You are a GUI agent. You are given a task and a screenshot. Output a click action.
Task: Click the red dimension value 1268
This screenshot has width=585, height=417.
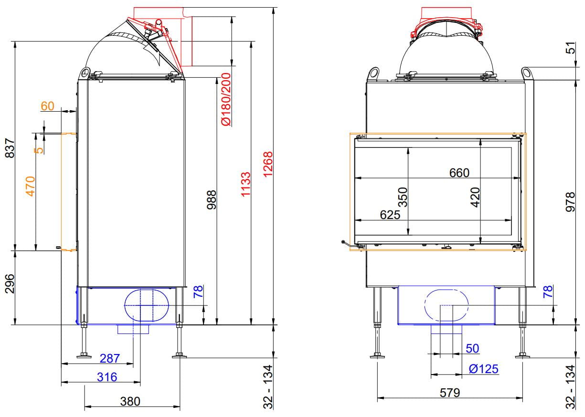[268, 165]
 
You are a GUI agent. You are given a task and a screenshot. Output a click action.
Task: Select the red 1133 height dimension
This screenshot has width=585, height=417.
[245, 184]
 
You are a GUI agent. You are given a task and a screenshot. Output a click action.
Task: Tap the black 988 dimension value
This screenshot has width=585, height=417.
[212, 200]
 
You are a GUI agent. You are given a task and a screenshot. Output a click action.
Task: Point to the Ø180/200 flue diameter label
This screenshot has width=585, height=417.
[226, 99]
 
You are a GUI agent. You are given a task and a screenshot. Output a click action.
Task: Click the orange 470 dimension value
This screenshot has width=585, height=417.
[31, 187]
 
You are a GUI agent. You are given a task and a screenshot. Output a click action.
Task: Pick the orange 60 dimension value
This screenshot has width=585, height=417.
[48, 106]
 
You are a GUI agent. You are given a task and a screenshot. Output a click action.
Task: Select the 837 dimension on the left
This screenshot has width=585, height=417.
[10, 148]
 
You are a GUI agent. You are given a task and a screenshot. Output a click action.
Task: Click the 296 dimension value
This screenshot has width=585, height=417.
[10, 284]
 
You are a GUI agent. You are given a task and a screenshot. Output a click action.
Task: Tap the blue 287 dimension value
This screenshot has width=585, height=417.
[110, 358]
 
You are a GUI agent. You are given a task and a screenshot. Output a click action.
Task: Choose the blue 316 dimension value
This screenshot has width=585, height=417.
[107, 377]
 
